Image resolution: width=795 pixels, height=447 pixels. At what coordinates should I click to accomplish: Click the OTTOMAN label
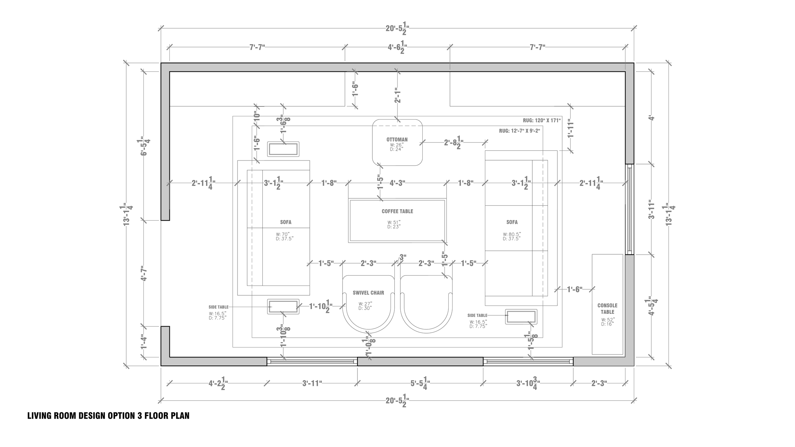(397, 140)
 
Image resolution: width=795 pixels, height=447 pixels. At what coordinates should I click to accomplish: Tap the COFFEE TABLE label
(397, 211)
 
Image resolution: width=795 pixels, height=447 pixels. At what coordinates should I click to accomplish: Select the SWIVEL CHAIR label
(368, 293)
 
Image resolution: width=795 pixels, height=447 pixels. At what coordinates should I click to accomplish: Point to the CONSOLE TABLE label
(607, 308)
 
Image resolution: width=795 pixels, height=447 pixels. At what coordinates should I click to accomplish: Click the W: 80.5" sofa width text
(512, 234)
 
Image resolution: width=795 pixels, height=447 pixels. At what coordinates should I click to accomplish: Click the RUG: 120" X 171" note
(542, 120)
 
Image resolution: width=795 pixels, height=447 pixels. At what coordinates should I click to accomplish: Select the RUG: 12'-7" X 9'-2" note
(520, 131)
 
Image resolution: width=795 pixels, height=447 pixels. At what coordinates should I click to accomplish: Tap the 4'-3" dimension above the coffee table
(397, 183)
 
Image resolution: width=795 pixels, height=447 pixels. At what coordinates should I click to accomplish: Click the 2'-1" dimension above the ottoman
(397, 95)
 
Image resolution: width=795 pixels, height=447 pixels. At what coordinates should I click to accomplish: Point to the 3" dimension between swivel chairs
(403, 257)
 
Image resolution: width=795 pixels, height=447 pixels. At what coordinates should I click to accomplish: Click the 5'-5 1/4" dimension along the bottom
(420, 384)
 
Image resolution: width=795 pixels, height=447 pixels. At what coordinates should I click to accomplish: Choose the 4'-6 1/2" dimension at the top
(397, 47)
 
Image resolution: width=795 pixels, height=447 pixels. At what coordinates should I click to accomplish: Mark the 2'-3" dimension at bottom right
(599, 383)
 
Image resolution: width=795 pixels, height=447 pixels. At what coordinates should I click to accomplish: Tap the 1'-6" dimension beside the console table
(574, 289)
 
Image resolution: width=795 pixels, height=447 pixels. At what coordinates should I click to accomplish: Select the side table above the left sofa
(283, 149)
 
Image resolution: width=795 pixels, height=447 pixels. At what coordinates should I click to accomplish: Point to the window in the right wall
(629, 209)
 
